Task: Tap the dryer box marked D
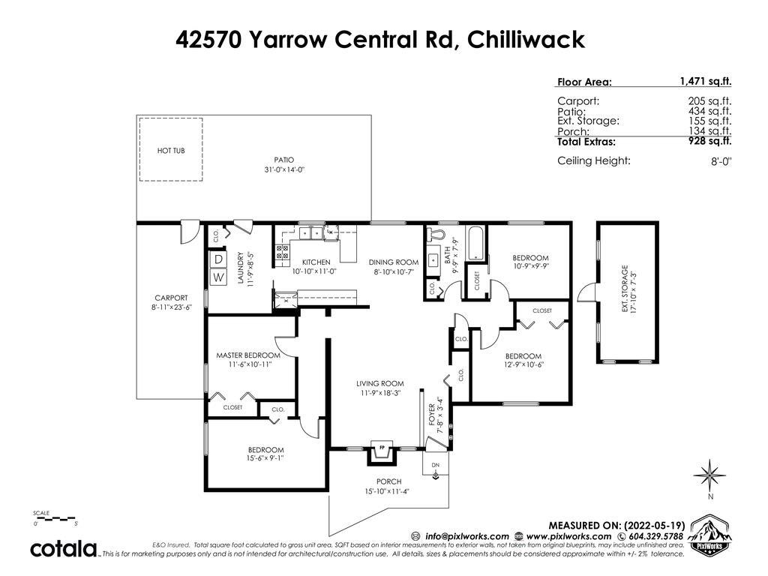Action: (219, 259)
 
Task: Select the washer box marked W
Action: (219, 277)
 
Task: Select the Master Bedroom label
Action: (248, 355)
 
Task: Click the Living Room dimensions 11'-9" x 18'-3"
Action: (379, 393)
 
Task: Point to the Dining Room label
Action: (394, 262)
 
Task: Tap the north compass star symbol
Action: (709, 475)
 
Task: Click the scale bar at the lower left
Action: (54, 517)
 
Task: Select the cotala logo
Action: (64, 548)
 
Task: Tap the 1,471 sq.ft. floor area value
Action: (705, 82)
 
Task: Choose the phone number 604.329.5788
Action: (655, 536)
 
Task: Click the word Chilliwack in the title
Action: (526, 39)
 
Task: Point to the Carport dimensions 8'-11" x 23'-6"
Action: (171, 307)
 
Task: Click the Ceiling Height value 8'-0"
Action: (721, 161)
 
